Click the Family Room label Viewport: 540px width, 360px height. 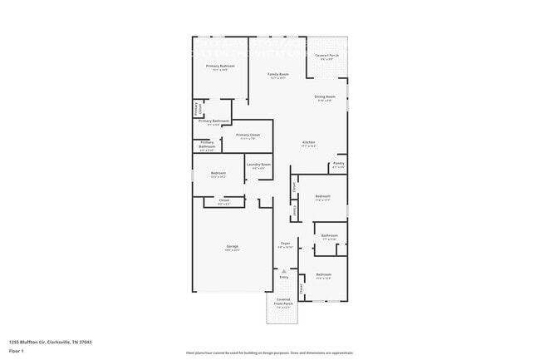point(277,75)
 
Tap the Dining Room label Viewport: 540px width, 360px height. point(325,97)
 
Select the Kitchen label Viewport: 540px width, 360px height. point(308,143)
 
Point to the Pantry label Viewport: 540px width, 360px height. point(338,164)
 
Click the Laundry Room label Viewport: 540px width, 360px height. point(258,165)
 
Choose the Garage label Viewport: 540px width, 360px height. point(233,247)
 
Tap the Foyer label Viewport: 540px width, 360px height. point(285,244)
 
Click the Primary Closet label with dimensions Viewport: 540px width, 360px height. point(248,136)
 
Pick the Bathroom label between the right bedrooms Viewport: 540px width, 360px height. point(330,236)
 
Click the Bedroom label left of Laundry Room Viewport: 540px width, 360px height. point(218,174)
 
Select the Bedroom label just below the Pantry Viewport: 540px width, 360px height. point(322,197)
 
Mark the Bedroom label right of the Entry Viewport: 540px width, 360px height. point(323,274)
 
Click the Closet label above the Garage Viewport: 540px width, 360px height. point(224,200)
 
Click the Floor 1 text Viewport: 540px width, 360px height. point(17,351)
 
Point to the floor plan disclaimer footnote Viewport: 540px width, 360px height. point(270,353)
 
